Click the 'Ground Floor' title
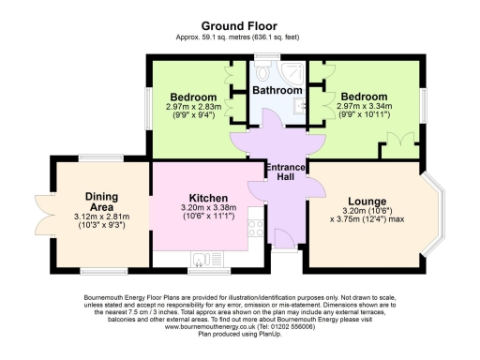tap(239, 25)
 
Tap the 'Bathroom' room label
tap(277, 91)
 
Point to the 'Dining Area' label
tap(101, 202)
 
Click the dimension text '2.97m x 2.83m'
tap(194, 107)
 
